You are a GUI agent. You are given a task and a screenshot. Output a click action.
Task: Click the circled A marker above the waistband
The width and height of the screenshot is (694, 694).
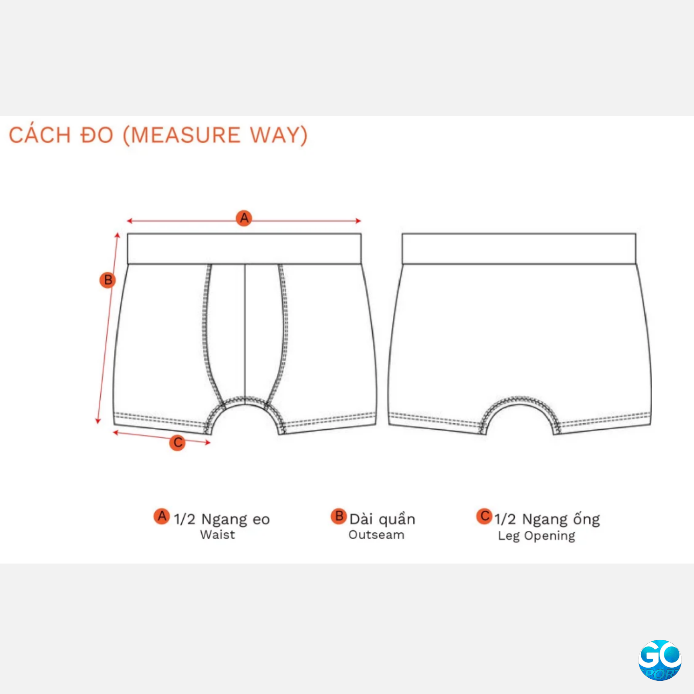point(244,218)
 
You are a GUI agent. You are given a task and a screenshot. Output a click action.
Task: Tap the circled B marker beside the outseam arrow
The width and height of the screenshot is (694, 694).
point(107,280)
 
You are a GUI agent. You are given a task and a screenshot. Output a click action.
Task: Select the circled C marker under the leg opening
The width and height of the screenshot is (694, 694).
point(177,443)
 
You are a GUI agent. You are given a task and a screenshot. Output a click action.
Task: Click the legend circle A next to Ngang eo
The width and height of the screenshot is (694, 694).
point(162,516)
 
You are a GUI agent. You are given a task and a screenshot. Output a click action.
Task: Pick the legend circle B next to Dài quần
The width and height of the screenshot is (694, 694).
point(339,516)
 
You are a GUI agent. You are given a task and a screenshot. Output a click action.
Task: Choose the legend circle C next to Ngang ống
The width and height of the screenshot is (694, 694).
point(484,516)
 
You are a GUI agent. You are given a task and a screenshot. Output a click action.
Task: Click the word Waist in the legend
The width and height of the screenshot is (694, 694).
point(217,535)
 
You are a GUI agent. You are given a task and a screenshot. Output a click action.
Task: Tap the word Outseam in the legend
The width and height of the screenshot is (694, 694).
point(376,535)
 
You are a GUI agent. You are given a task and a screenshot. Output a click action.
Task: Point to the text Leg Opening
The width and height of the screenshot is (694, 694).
point(536,536)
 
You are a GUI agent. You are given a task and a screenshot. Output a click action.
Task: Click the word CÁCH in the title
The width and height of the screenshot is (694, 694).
point(40,136)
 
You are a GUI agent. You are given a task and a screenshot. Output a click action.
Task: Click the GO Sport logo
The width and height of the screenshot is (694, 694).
point(659,659)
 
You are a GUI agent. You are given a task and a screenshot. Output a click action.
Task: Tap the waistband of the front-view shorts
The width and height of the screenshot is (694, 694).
point(244,249)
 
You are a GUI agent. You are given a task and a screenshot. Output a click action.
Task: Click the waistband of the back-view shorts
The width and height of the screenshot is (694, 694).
point(519,249)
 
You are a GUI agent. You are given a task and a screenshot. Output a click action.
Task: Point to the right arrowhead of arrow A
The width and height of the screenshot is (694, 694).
point(359,221)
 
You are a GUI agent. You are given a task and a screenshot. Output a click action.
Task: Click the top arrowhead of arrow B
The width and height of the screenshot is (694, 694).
point(118,235)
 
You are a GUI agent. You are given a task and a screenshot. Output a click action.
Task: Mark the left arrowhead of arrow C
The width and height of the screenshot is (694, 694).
point(115,432)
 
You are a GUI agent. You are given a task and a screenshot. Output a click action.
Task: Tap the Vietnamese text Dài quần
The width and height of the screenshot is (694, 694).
point(382,519)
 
